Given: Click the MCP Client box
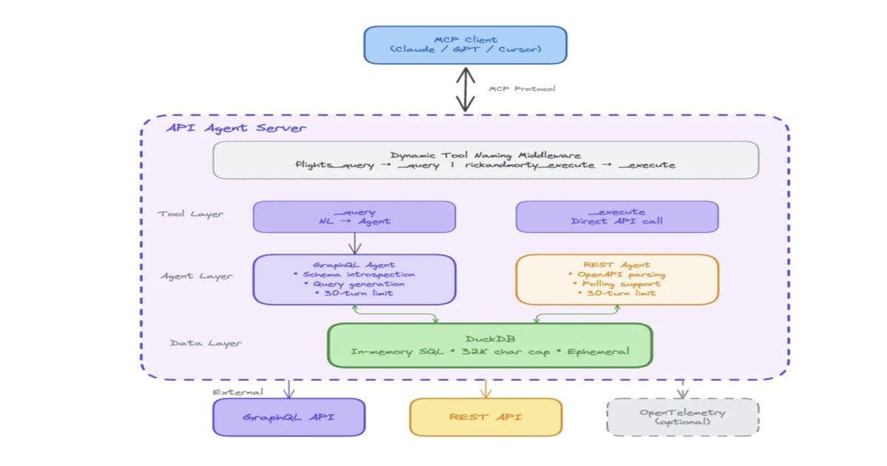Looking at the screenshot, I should (x=465, y=44).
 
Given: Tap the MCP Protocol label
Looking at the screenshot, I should (x=522, y=89).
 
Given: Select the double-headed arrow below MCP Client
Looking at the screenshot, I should (x=465, y=89).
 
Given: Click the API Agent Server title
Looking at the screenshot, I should (x=236, y=128).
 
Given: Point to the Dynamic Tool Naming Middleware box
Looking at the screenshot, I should (x=486, y=160).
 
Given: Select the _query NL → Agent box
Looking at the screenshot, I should (x=354, y=217).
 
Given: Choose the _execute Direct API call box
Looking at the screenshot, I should (x=616, y=217).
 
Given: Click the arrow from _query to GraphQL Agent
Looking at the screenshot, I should (x=354, y=243).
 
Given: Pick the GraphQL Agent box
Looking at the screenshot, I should (x=354, y=279).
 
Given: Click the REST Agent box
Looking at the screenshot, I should (x=616, y=279).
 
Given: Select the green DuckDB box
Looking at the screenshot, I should (x=489, y=345).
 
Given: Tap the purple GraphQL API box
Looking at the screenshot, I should (x=289, y=417).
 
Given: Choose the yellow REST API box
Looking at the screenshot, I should (x=486, y=417).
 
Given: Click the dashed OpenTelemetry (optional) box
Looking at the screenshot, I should (x=682, y=417).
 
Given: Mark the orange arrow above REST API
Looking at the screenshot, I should (x=486, y=388).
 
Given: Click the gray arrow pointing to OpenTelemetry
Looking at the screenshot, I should (x=682, y=389).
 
